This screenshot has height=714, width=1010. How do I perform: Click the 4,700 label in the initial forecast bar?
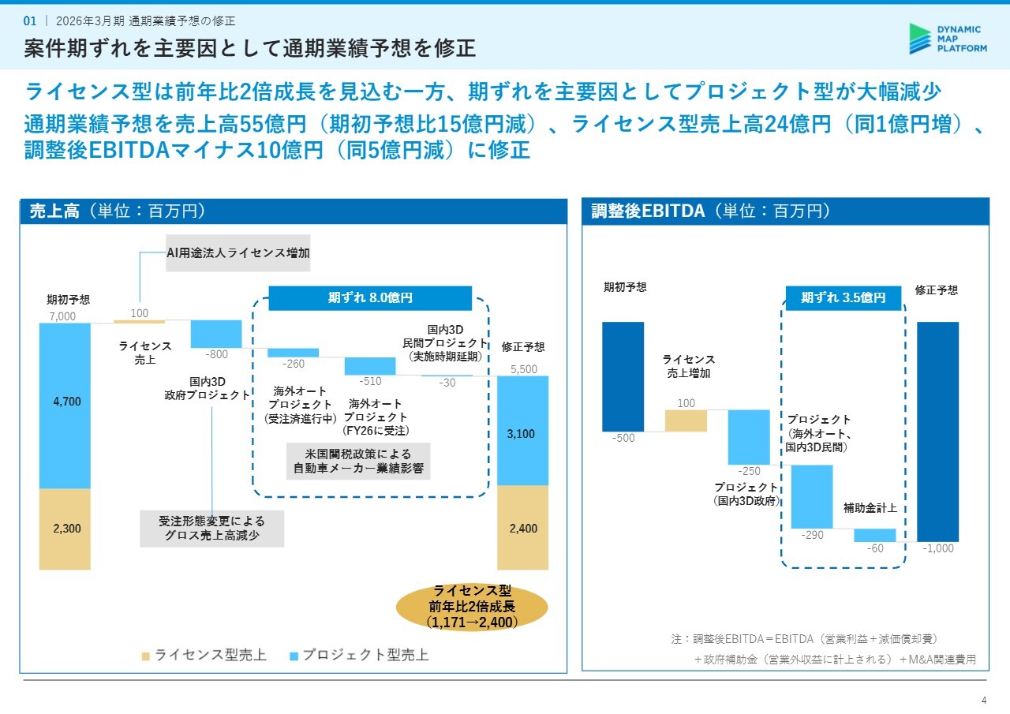click(67, 402)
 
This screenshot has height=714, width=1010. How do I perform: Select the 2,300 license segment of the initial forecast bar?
click(67, 529)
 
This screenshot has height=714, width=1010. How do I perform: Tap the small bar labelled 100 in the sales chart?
click(139, 321)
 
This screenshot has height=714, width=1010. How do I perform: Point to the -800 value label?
click(215, 355)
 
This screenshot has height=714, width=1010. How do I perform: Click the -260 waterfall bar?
click(293, 353)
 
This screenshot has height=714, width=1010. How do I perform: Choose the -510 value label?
click(370, 382)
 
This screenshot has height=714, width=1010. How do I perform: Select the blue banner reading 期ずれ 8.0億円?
click(370, 298)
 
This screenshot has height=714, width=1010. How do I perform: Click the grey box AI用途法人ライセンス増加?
click(238, 253)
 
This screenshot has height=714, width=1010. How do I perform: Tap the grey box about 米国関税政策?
click(358, 462)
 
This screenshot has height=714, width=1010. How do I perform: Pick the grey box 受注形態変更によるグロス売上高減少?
click(211, 529)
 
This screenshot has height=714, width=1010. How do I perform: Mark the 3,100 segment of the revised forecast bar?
click(522, 434)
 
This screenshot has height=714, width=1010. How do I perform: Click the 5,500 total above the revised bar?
click(523, 369)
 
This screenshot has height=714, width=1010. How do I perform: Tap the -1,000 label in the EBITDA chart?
click(938, 549)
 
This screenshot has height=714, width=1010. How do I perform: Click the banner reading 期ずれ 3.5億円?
click(843, 298)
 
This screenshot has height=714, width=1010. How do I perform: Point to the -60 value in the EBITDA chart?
click(875, 548)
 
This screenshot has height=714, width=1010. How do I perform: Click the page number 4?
click(983, 700)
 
